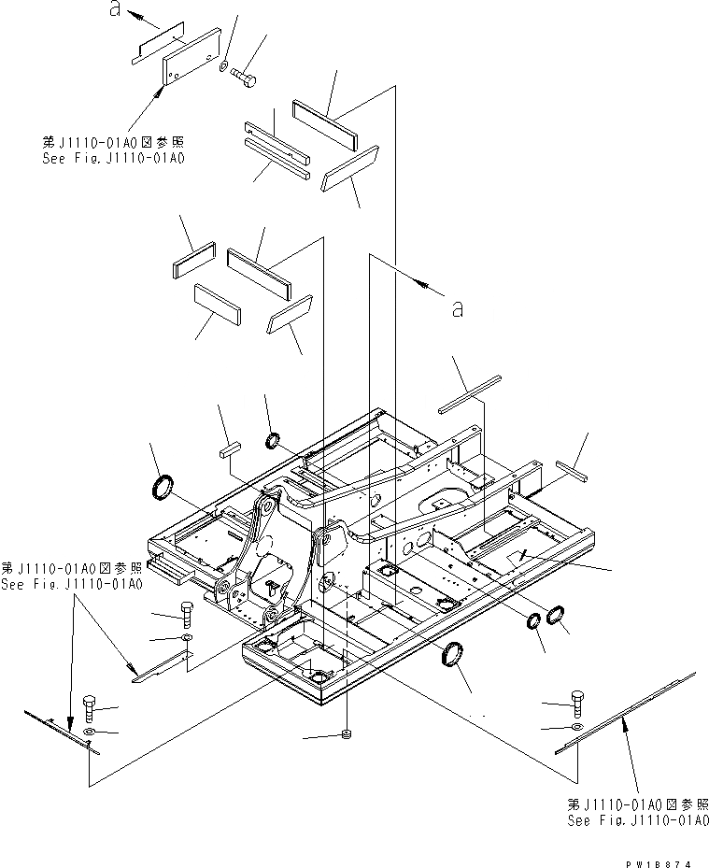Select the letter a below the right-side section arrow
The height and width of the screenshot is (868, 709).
click(457, 308)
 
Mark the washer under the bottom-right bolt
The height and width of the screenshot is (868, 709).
click(575, 726)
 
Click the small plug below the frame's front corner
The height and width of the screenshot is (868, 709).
click(347, 735)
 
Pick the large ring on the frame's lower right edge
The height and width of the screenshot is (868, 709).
click(454, 655)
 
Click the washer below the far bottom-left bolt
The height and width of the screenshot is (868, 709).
click(90, 730)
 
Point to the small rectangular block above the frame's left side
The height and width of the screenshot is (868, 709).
click(230, 449)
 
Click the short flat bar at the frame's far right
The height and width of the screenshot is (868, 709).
click(569, 469)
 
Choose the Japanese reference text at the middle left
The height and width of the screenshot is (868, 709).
click(70, 567)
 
